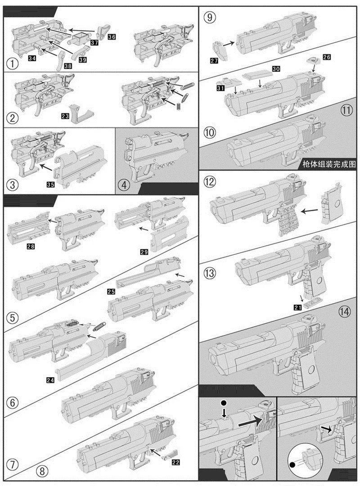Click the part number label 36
coord(111,36)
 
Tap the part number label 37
coord(94,42)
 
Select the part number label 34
coord(32,59)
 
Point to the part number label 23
coord(65,116)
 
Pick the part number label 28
coord(31,246)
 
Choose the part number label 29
coord(144,253)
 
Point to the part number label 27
coord(214,60)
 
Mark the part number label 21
coord(297,307)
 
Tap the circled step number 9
coord(210,18)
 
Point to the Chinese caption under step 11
coord(329,164)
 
